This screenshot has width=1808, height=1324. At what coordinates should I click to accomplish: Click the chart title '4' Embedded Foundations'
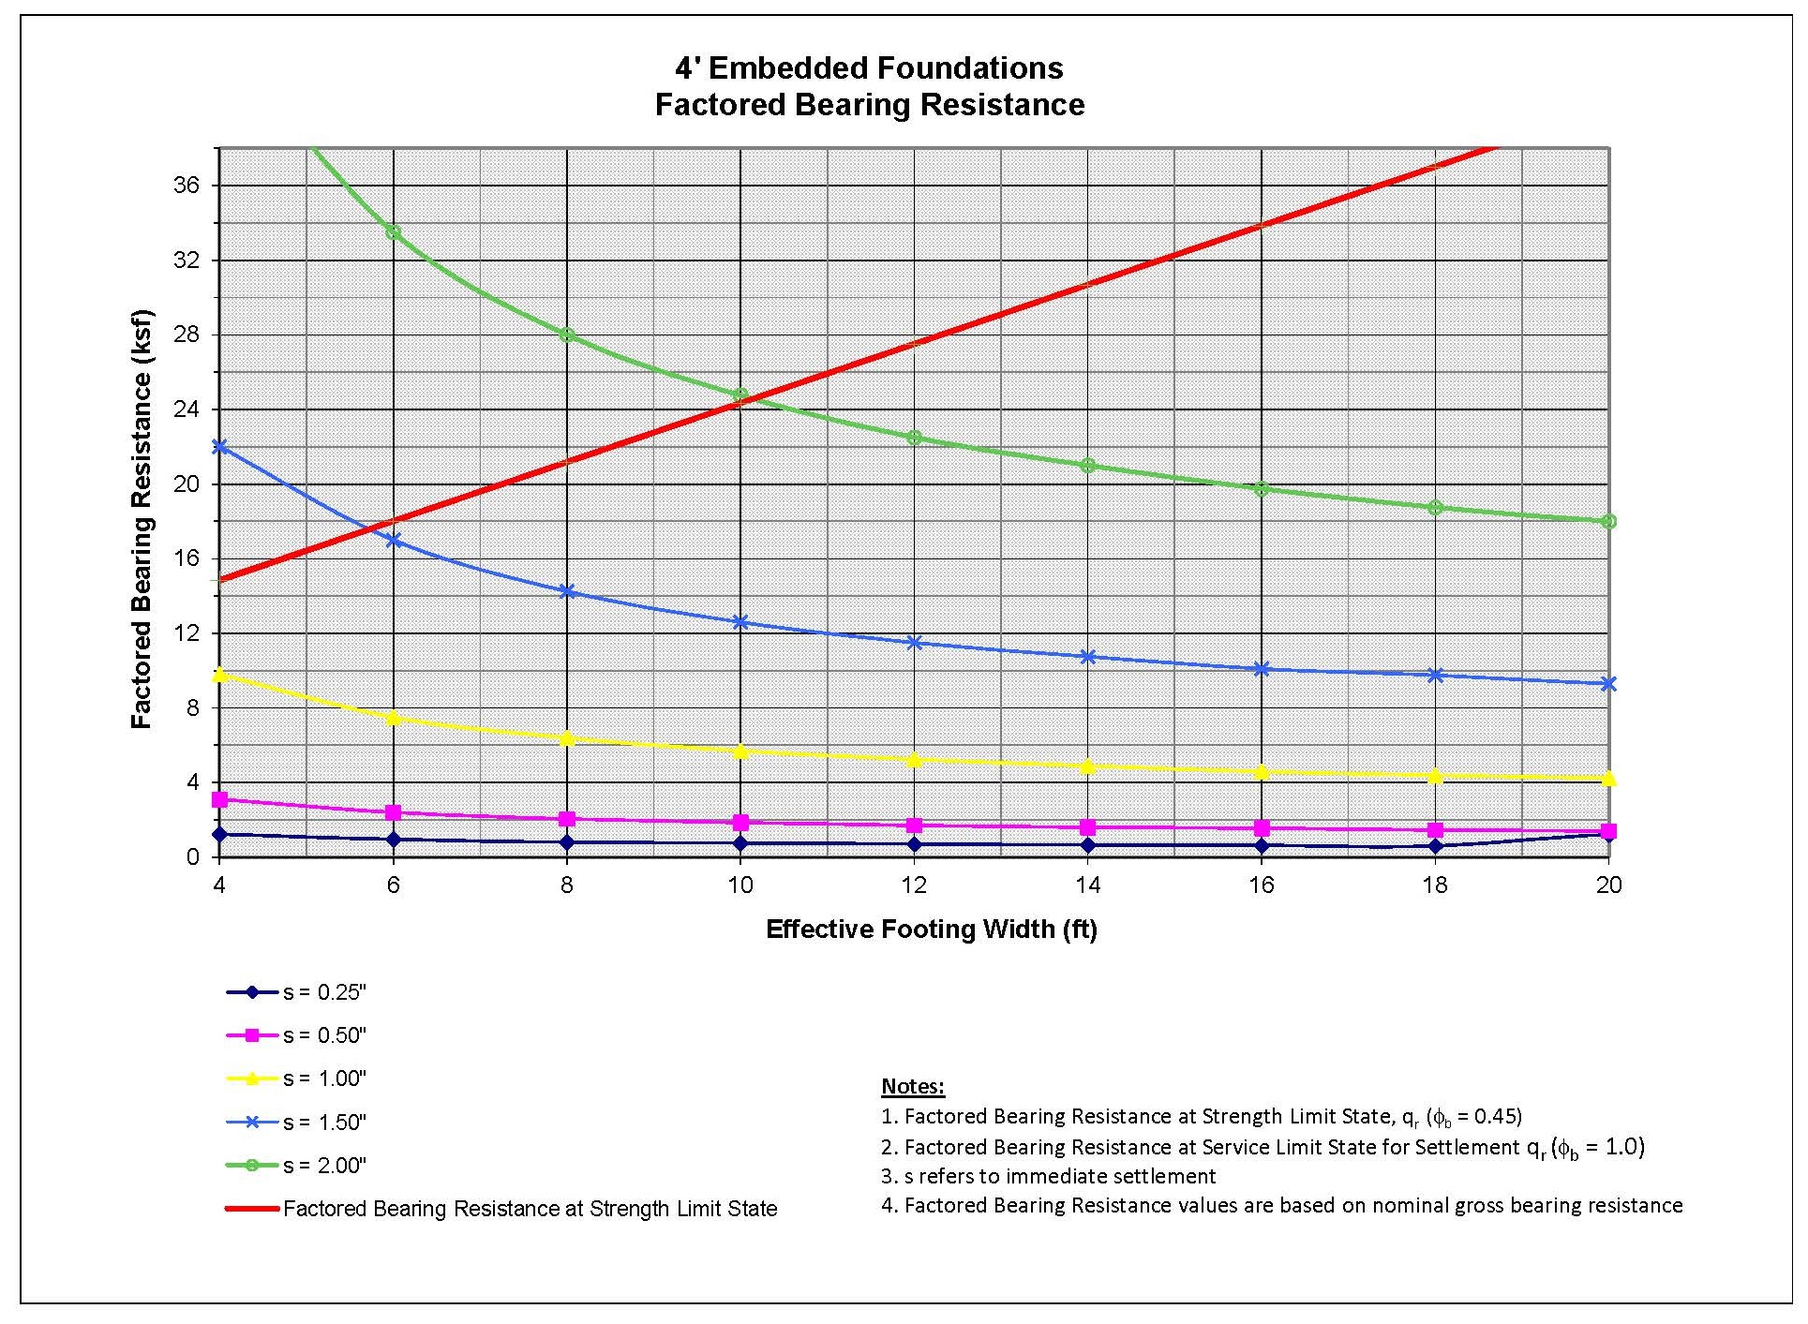coord(869,67)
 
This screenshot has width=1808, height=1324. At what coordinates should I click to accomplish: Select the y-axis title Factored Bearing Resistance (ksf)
coord(142,519)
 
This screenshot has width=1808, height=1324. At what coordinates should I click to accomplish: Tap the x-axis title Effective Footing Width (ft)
coord(931,929)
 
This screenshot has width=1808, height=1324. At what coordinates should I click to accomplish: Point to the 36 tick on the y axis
coord(187,186)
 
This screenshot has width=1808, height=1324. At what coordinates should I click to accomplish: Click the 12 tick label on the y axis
coord(187,633)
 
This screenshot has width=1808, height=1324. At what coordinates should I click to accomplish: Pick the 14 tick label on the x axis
coord(1087,885)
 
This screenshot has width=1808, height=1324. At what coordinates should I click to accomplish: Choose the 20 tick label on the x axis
coord(1608,885)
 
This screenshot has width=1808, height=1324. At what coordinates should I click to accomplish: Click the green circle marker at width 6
coord(394,231)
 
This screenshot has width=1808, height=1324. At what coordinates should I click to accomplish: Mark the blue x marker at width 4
coord(220,447)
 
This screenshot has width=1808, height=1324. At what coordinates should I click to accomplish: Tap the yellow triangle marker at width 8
coord(567,738)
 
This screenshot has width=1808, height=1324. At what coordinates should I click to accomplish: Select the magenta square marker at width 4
coord(220,799)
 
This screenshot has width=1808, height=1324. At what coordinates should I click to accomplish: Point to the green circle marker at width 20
coord(1608,521)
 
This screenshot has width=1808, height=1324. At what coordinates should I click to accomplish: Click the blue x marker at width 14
coord(1087,657)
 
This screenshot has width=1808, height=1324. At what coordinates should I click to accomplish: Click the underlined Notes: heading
coord(913,1087)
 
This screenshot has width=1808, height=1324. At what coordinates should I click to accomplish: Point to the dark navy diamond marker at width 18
coord(1435,846)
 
